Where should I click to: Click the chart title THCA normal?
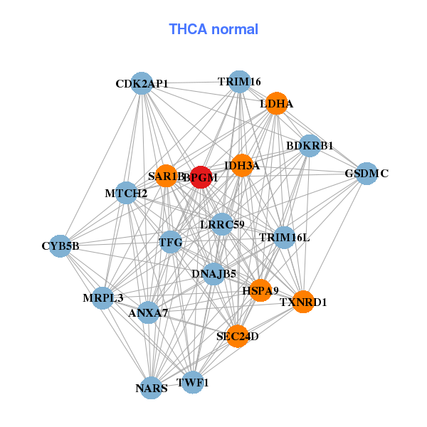click(213, 29)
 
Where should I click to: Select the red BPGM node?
click(202, 178)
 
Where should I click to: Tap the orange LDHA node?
click(276, 103)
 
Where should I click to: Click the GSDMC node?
click(366, 173)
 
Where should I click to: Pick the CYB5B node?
click(60, 246)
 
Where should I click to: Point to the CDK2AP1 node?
click(142, 83)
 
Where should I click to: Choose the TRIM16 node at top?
click(240, 82)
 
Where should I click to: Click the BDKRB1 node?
click(310, 146)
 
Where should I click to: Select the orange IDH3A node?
click(242, 166)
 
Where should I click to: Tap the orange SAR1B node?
click(166, 176)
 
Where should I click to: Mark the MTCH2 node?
click(126, 193)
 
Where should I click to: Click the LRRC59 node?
click(222, 225)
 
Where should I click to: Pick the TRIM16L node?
click(284, 237)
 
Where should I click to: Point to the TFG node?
click(171, 243)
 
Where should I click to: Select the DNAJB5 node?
click(213, 273)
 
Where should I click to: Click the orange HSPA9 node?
click(260, 290)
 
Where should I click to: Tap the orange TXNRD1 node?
click(303, 302)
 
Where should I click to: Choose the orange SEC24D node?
click(238, 336)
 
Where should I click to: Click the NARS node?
click(152, 388)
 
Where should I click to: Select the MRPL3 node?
click(102, 297)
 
